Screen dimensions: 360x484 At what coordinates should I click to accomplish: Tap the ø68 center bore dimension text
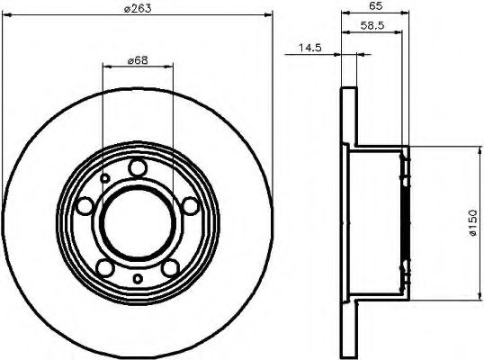click(137, 59)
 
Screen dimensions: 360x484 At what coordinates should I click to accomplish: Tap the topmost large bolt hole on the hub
click(137, 167)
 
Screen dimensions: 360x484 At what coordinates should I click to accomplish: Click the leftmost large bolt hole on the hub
click(85, 207)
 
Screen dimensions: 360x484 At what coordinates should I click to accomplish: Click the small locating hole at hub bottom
click(137, 279)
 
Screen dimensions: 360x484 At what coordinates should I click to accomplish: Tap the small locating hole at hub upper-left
click(105, 178)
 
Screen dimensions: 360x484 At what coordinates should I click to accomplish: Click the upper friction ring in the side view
click(350, 117)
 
